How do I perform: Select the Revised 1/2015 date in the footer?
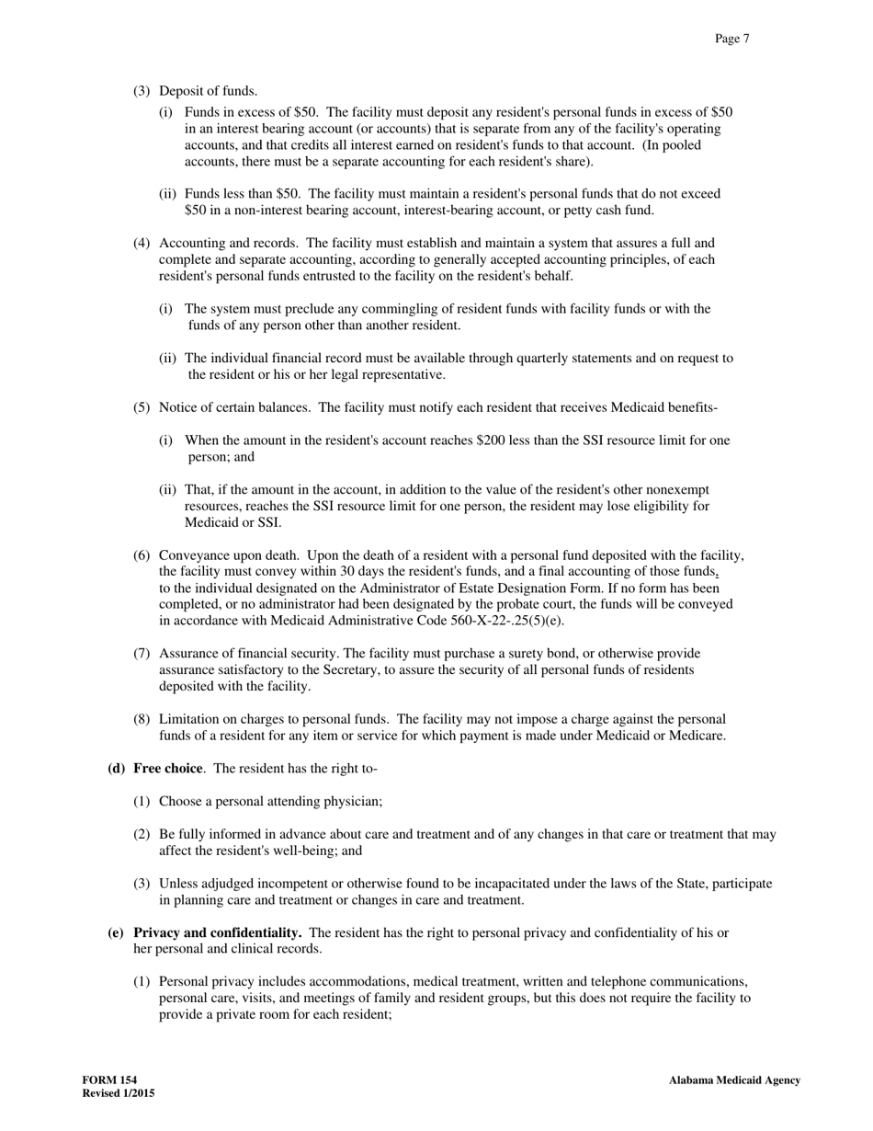click(118, 1093)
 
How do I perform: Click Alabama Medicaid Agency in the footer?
click(734, 1080)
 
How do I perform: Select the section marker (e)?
click(116, 932)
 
